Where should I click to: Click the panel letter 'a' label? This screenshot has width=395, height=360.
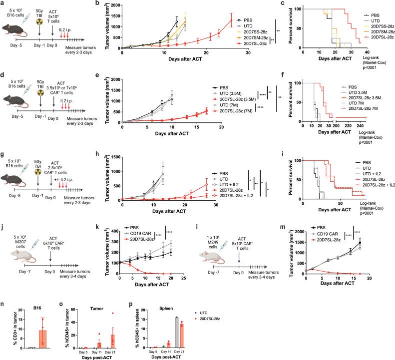pyautogui.click(x=2, y=3)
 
